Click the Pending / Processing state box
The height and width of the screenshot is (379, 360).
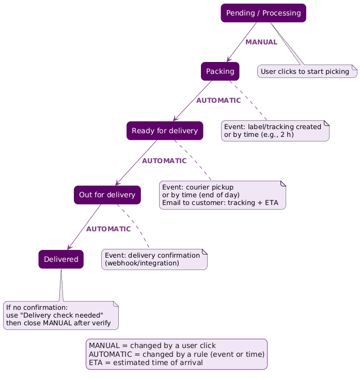263,13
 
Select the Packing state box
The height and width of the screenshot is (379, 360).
220,71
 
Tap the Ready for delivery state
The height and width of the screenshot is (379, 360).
165,131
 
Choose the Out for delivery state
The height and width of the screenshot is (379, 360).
107,195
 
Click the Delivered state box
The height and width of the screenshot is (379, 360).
61,259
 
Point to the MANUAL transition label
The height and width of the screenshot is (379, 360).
261,42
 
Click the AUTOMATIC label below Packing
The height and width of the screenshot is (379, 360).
218,100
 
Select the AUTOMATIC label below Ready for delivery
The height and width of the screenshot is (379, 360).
165,161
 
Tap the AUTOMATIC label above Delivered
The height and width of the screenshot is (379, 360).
108,229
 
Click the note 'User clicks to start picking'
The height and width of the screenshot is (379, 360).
305,71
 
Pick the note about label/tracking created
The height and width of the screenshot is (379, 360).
275,131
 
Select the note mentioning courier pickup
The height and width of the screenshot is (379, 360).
223,195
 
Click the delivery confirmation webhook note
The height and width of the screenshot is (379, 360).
154,259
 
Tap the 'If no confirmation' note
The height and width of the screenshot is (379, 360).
60,315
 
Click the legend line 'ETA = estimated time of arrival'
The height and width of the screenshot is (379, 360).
146,362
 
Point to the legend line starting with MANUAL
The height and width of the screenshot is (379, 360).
152,345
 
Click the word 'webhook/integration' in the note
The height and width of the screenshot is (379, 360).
142,263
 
